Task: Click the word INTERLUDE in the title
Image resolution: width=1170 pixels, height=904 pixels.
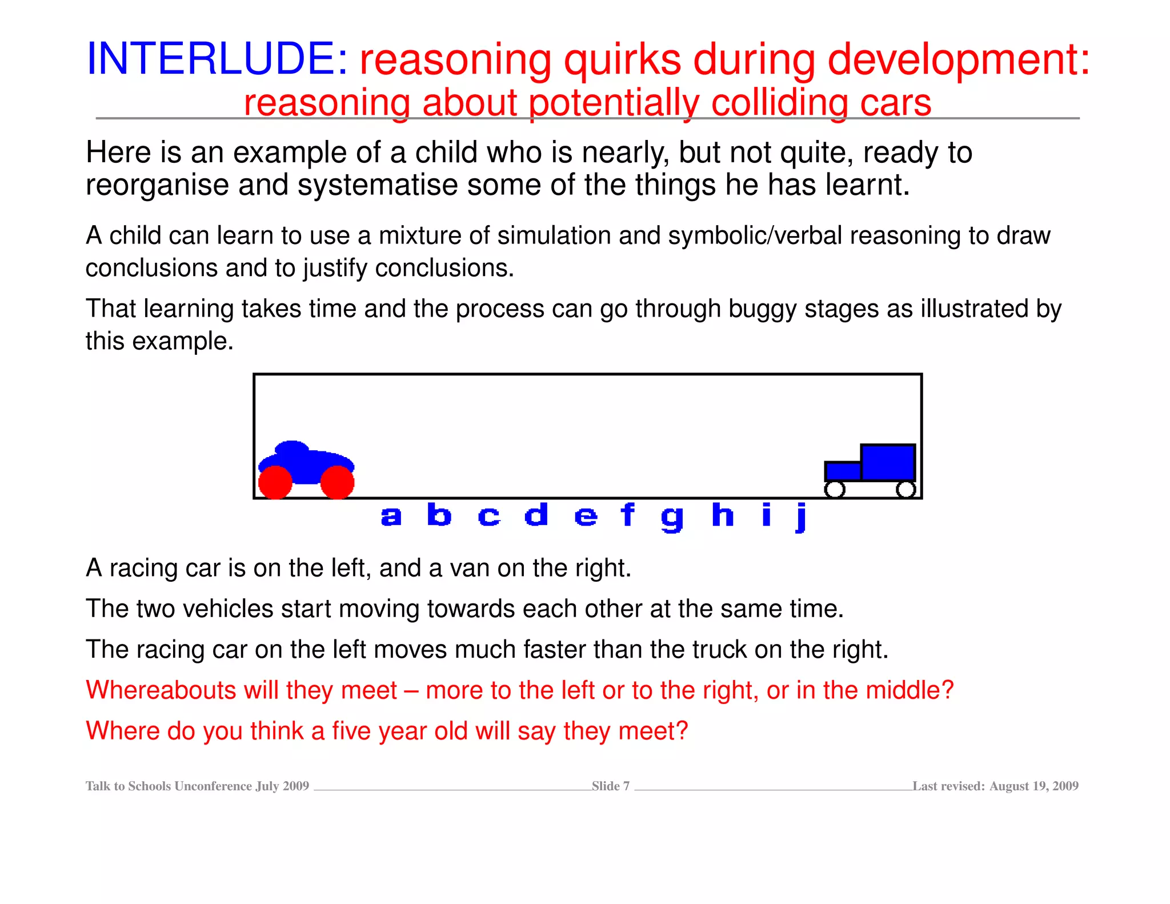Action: coord(216,59)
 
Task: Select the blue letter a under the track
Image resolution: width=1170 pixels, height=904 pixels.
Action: coord(391,517)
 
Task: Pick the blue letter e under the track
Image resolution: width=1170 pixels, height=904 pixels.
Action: coord(586,517)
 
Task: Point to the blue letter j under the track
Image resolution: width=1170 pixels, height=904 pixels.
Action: coord(801,517)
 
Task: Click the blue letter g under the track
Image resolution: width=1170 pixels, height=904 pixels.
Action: coord(672,518)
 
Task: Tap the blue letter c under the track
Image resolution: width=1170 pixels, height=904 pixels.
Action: coord(489,517)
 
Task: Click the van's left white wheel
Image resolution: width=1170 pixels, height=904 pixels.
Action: coord(835,489)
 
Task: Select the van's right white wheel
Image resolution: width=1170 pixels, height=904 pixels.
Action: coord(905,489)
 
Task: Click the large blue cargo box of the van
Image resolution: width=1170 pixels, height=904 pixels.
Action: coord(888,462)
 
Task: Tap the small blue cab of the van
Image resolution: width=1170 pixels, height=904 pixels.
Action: coord(843,471)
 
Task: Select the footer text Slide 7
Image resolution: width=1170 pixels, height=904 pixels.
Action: coord(610,786)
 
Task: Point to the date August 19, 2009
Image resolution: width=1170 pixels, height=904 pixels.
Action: coord(1033,786)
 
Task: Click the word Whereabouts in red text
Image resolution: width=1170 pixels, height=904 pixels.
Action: coord(161,690)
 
